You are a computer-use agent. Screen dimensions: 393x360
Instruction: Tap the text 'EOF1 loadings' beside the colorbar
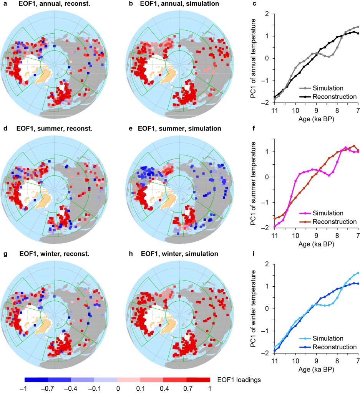pyautogui.click(x=237, y=380)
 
